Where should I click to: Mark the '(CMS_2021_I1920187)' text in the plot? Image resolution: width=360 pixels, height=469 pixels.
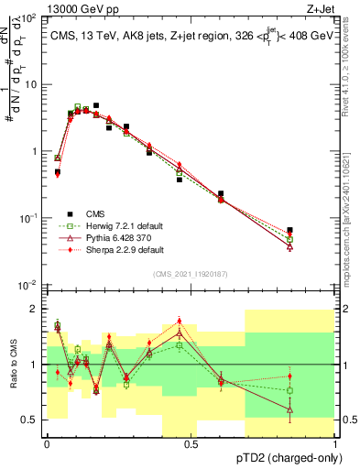coord(191,274)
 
